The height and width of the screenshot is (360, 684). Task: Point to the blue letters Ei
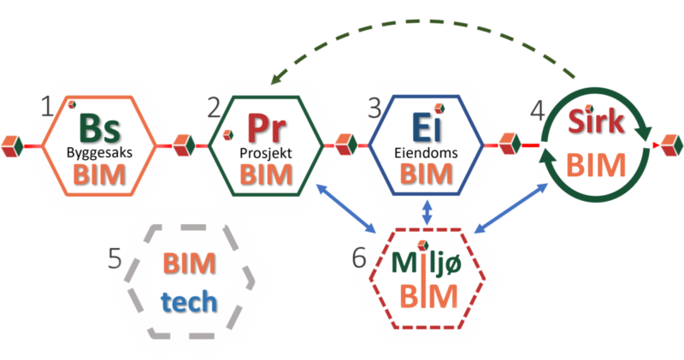(x=426, y=130)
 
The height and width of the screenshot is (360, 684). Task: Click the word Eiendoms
(x=427, y=153)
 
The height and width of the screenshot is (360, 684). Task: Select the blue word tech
(x=190, y=302)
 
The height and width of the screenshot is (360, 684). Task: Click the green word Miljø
(x=427, y=263)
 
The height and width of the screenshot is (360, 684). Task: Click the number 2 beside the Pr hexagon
(x=214, y=108)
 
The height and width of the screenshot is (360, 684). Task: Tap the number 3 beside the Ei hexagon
(x=374, y=108)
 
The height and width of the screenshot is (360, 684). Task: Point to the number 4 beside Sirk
(x=536, y=109)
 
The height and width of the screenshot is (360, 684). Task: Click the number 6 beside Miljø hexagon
(x=360, y=257)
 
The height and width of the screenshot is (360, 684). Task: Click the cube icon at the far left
(x=10, y=145)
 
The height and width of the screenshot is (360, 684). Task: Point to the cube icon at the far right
(x=671, y=145)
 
